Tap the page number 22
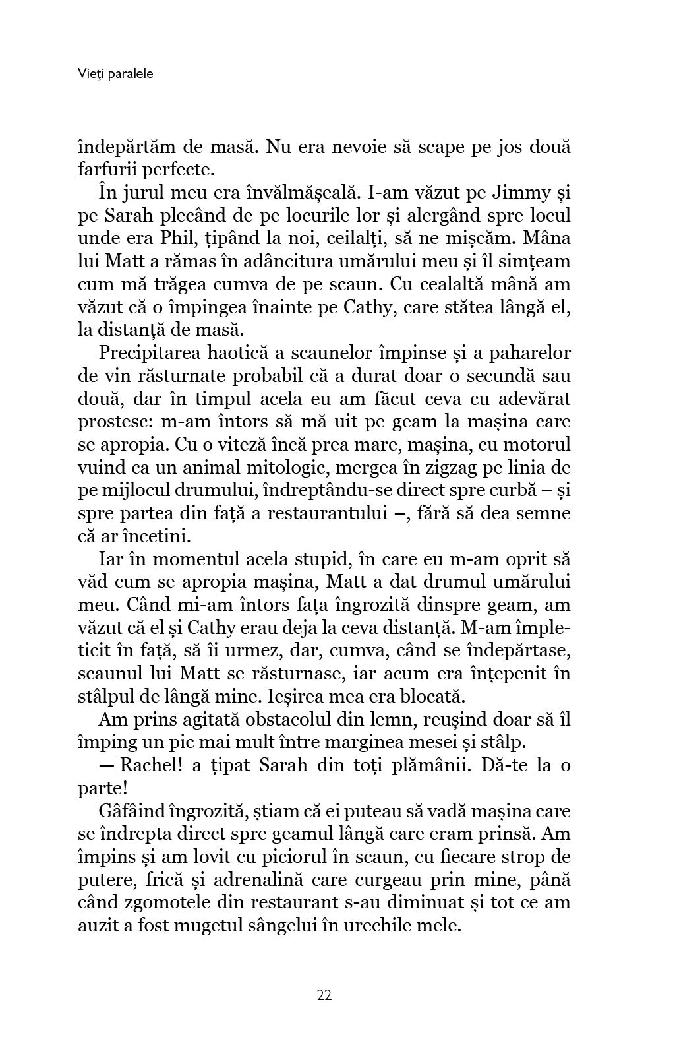[324, 995]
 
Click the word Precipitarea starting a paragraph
[151, 353]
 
